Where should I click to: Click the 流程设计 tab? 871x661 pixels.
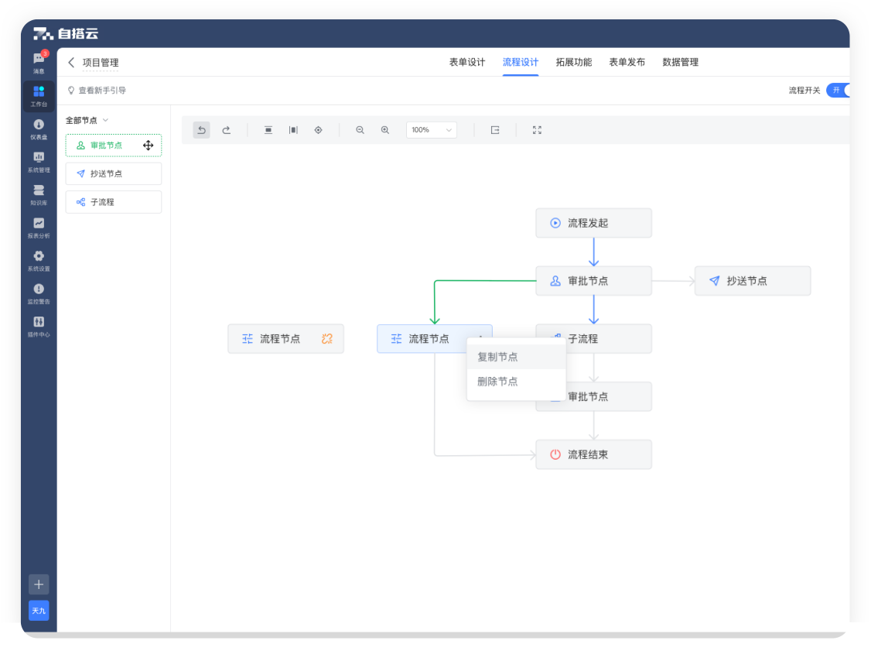coord(520,62)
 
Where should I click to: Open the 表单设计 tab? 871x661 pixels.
coord(466,62)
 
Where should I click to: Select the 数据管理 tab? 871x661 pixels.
coord(680,62)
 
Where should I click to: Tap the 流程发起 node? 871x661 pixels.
coord(593,223)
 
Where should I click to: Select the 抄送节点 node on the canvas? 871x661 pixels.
coord(752,281)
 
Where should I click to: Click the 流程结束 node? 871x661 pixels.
coord(593,454)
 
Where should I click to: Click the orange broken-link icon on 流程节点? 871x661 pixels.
coord(326,338)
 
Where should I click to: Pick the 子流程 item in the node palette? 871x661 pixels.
coord(113,202)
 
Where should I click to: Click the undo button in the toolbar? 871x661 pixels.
coord(202,130)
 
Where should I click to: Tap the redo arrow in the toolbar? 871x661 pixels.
coord(226,130)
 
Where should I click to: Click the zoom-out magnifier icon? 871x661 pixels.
coord(360,130)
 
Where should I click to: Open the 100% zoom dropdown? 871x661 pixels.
coord(431,130)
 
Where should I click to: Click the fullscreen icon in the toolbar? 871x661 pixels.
coord(537,130)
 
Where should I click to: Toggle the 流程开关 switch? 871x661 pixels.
coord(838,90)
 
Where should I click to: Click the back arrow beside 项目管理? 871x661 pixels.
coord(71,62)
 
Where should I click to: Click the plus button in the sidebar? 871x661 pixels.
coord(39,584)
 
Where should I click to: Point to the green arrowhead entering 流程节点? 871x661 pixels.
coord(435,320)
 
